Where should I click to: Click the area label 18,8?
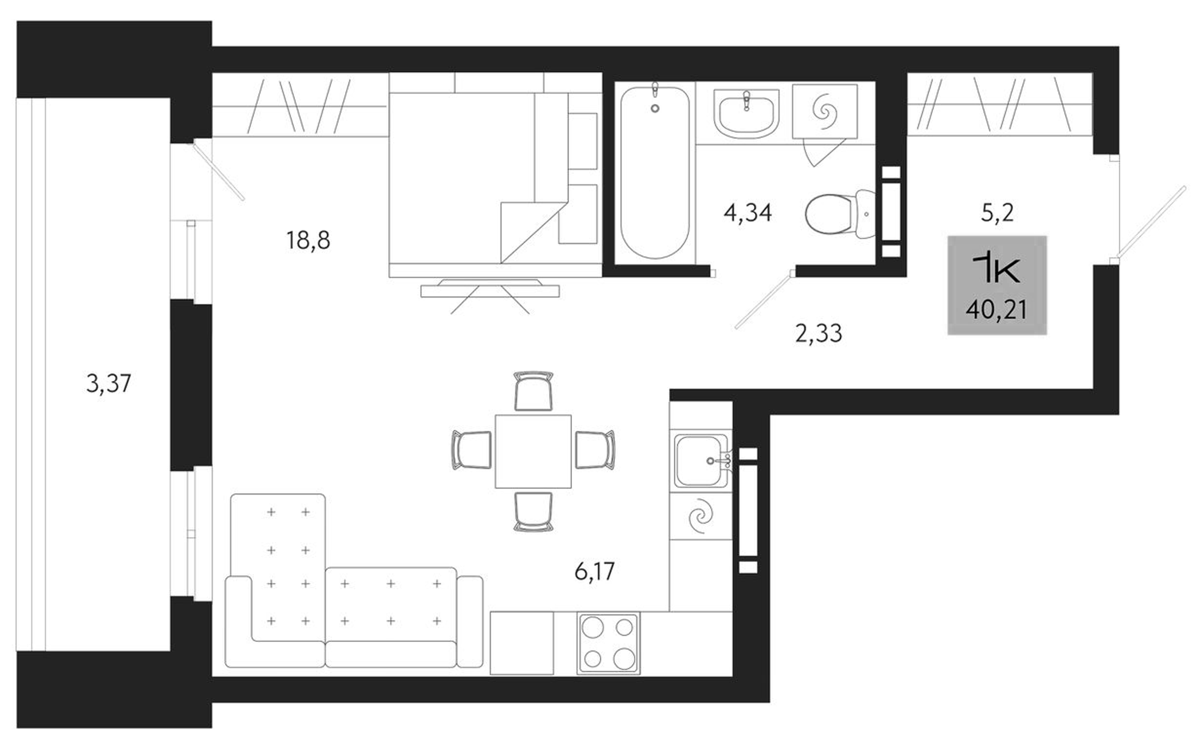click(x=308, y=240)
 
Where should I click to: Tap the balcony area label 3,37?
click(x=109, y=383)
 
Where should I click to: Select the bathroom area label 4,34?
click(x=748, y=213)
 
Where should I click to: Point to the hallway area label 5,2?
click(x=997, y=213)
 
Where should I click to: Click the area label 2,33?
click(x=819, y=333)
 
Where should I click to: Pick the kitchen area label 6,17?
click(x=595, y=571)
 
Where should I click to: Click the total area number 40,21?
click(x=997, y=310)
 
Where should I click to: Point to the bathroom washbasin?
click(x=746, y=113)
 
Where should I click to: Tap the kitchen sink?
click(x=701, y=461)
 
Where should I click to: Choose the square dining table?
click(x=533, y=451)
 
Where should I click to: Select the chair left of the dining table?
click(x=472, y=450)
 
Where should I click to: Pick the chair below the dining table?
click(x=533, y=511)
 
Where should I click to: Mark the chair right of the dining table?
click(x=594, y=450)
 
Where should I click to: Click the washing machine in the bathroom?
click(x=825, y=112)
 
